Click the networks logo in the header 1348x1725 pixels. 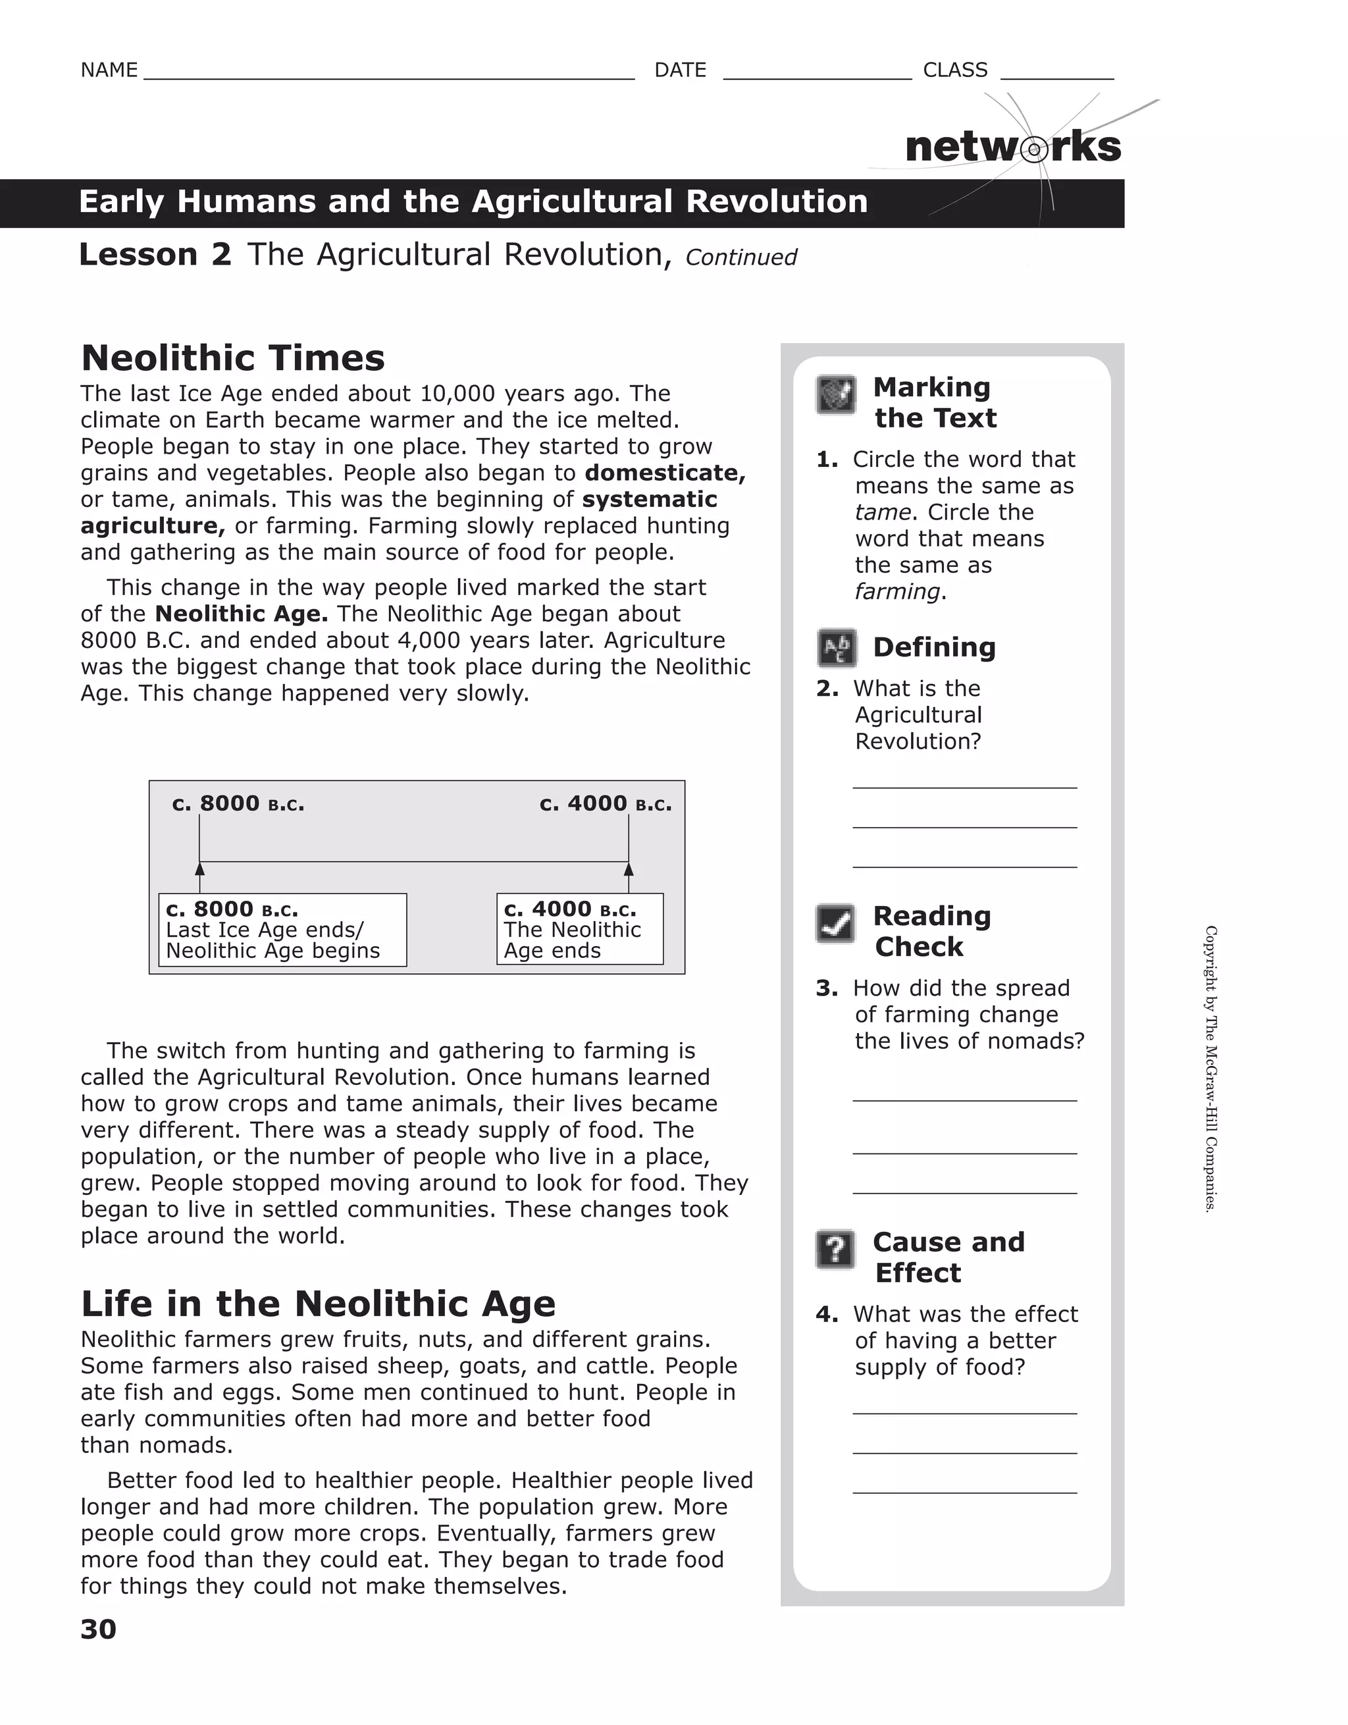[x=1012, y=147]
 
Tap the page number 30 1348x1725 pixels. [x=98, y=1629]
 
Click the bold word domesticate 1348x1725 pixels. [x=664, y=472]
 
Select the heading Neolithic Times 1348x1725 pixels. [x=233, y=358]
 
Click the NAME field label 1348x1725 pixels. [x=109, y=70]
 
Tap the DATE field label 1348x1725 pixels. [x=680, y=70]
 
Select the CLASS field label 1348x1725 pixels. [x=955, y=70]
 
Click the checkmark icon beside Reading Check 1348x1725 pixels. [x=835, y=923]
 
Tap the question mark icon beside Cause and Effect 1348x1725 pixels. [x=835, y=1250]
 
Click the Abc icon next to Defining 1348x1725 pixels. [x=835, y=649]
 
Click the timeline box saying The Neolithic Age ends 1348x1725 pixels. [x=580, y=929]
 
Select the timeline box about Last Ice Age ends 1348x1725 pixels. [x=282, y=930]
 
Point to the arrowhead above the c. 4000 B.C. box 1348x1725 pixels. [x=629, y=870]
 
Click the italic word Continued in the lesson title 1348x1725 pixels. [x=740, y=257]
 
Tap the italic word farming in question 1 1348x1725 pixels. [x=897, y=592]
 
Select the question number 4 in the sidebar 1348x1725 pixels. [x=826, y=1314]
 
